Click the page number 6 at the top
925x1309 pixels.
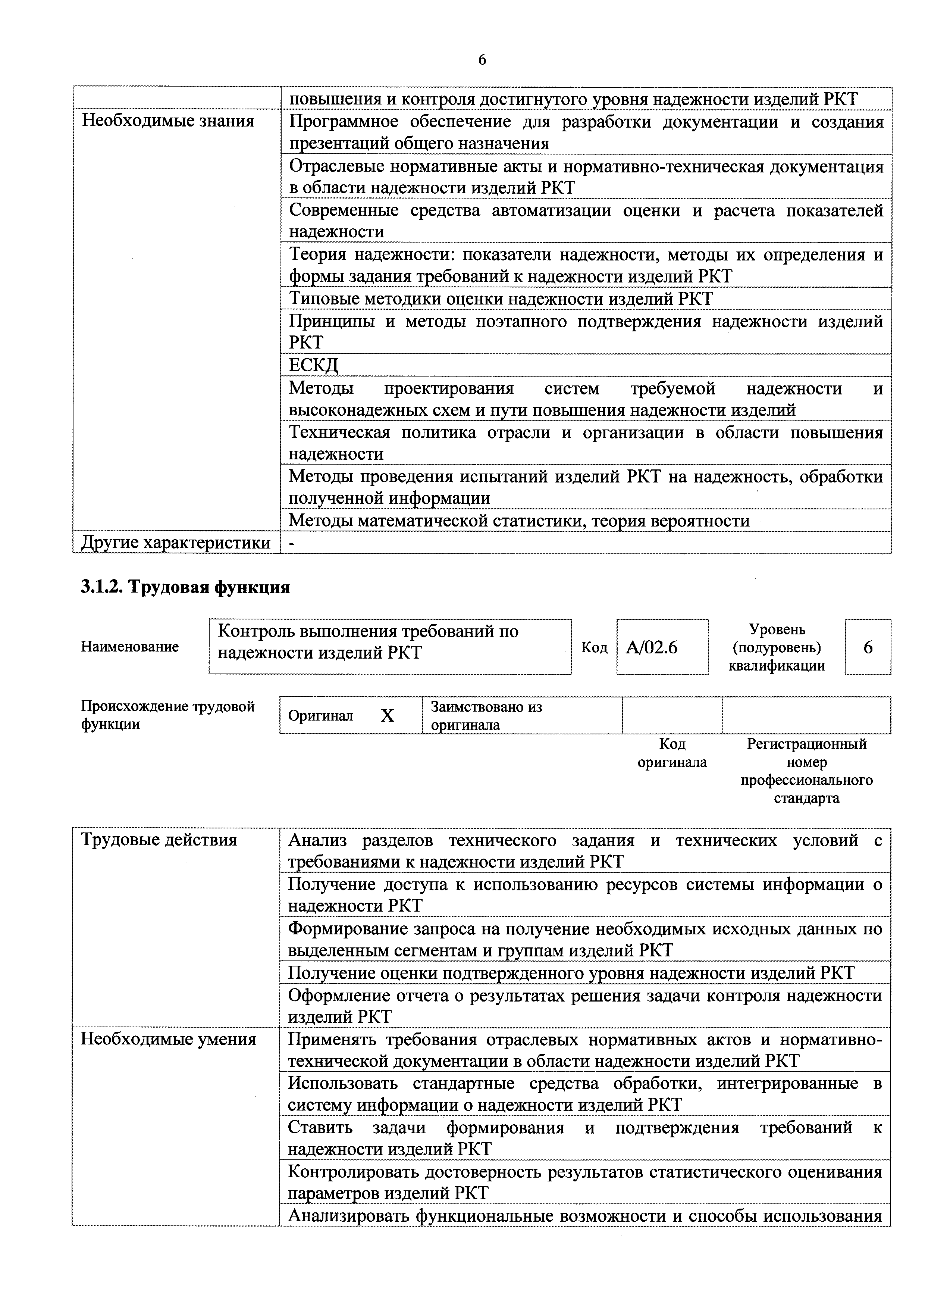(x=482, y=60)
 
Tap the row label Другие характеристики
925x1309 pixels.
(x=176, y=542)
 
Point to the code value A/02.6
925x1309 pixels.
(x=652, y=647)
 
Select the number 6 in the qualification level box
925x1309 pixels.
(x=868, y=647)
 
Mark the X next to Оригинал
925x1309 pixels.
(x=387, y=715)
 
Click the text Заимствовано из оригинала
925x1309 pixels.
(x=486, y=715)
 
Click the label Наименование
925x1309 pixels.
(x=130, y=647)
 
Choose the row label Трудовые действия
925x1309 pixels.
(x=159, y=840)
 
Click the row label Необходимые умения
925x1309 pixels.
(x=168, y=1039)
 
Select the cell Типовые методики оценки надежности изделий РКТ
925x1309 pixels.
(x=501, y=298)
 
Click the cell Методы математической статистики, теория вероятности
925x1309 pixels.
(x=519, y=521)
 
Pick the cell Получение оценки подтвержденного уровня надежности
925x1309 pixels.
(x=571, y=972)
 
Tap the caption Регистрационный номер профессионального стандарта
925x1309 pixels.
(x=806, y=770)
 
